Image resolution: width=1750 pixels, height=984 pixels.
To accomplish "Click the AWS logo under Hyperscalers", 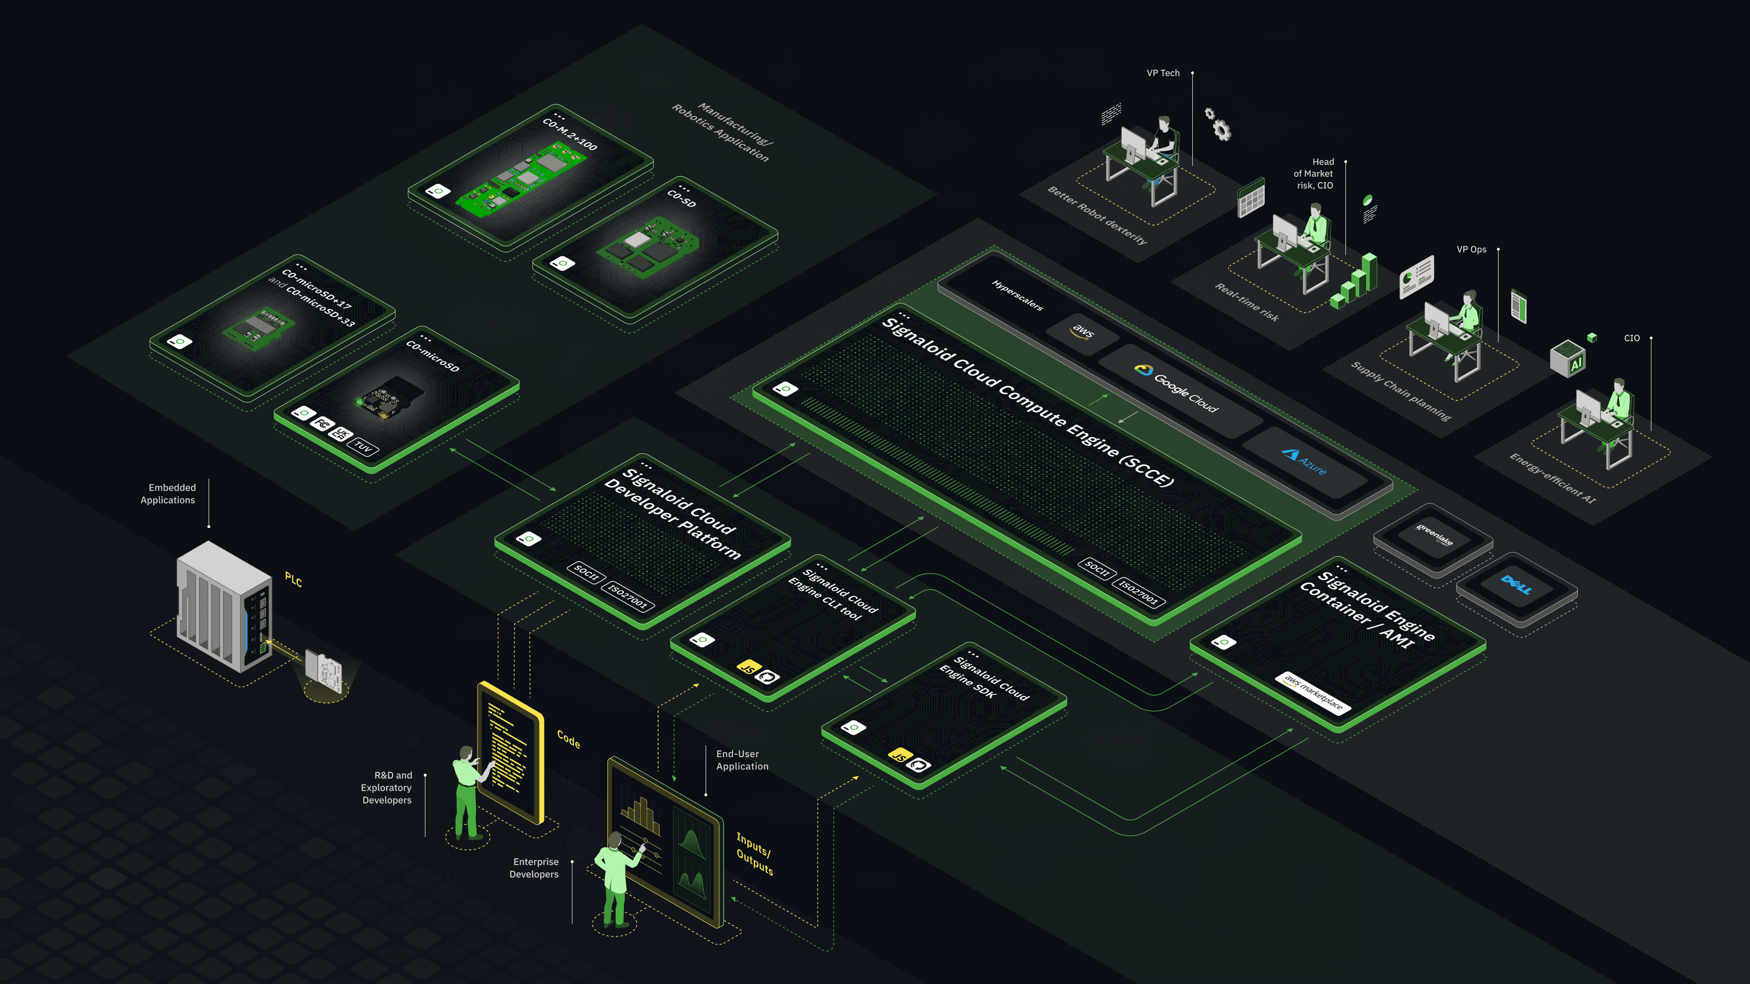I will [x=1083, y=331].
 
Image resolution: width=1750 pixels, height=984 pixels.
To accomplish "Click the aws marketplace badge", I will [x=1313, y=692].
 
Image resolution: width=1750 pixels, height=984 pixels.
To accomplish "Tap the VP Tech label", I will [x=1163, y=73].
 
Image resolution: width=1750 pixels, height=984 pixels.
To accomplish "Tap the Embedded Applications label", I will [x=169, y=494].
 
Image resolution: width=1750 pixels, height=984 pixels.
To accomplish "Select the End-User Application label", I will [x=742, y=760].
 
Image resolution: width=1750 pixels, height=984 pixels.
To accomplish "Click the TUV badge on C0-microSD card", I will [x=364, y=447].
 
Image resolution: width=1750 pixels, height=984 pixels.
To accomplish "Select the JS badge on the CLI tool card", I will [x=748, y=667].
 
